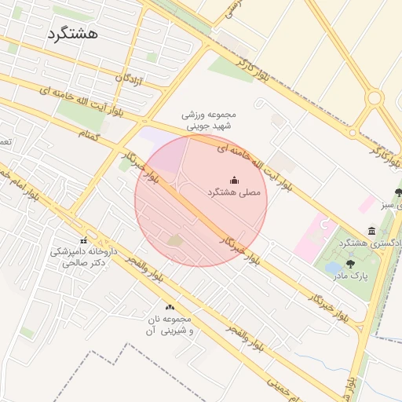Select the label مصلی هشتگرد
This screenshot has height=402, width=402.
(232, 192)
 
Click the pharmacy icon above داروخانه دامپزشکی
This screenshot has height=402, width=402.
(83, 240)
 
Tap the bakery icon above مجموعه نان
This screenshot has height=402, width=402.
(170, 307)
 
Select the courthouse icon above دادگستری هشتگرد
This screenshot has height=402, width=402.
(371, 231)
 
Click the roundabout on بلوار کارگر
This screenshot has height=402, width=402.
(375, 99)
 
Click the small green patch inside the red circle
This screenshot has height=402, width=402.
(174, 239)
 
